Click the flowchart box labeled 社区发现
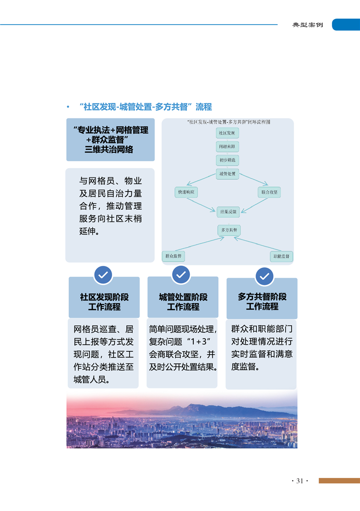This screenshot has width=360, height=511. [227, 133]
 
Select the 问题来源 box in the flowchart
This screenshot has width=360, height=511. [227, 147]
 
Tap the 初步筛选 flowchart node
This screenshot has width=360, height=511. [227, 160]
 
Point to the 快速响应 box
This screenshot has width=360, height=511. [186, 192]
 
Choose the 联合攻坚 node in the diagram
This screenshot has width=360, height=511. [269, 192]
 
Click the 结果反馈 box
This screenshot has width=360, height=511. [228, 212]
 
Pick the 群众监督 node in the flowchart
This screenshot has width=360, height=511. [173, 256]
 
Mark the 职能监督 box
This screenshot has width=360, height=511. [281, 256]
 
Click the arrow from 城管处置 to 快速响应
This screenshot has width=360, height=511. [201, 179]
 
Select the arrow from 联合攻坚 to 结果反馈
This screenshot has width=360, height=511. [254, 205]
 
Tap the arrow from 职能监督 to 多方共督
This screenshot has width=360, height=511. [257, 244]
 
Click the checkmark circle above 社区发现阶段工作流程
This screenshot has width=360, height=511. [103, 275]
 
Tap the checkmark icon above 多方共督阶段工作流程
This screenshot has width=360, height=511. [265, 276]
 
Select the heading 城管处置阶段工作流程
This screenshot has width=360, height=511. [183, 302]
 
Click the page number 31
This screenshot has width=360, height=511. [300, 481]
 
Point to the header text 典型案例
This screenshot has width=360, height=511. [307, 25]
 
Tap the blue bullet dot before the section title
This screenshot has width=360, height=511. [68, 107]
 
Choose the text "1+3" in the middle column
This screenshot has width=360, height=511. [199, 342]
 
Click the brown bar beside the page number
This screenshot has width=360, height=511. [340, 481]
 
